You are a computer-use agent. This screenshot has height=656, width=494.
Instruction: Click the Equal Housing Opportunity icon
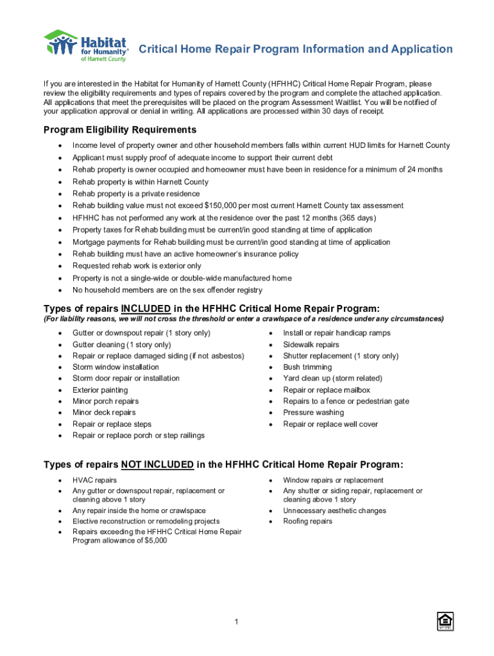click(444, 621)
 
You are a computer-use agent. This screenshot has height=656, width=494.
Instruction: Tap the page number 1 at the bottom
click(237, 622)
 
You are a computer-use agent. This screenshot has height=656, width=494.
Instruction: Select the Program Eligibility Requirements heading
click(119, 130)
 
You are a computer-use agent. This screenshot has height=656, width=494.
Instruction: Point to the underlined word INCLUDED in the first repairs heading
click(146, 308)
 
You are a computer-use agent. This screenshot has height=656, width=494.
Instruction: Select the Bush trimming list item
click(307, 367)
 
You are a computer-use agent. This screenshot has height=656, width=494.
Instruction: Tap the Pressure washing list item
click(313, 413)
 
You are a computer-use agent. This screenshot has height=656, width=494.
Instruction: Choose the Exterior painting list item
click(100, 390)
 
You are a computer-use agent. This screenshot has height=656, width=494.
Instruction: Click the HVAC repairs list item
click(94, 480)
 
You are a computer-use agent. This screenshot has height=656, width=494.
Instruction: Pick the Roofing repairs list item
click(308, 521)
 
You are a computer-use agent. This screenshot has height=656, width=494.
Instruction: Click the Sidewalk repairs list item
click(311, 345)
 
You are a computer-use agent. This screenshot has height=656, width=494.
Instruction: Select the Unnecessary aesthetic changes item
click(334, 511)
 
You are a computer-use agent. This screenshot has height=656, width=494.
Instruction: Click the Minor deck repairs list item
click(104, 413)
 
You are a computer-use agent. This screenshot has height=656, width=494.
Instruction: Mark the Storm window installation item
click(115, 367)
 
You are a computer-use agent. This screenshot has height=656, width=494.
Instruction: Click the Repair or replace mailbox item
click(327, 390)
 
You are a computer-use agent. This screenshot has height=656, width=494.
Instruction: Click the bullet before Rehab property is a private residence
click(60, 194)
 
